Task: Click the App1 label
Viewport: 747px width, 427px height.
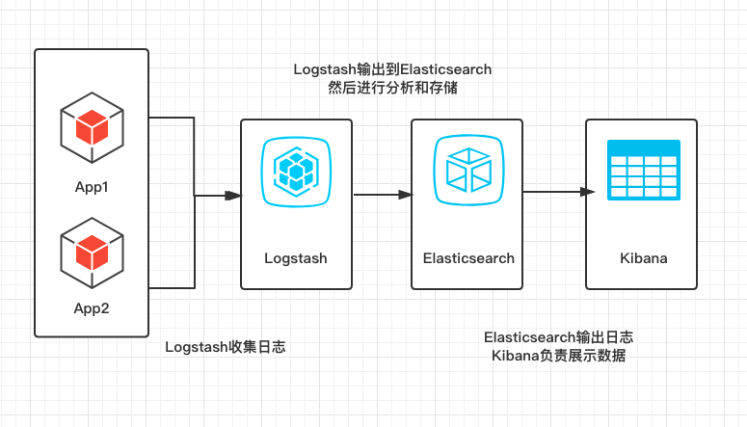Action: click(92, 186)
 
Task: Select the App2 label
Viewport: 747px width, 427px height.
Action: click(92, 308)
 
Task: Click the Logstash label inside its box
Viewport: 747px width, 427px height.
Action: click(296, 258)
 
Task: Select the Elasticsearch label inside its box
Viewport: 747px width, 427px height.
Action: click(468, 258)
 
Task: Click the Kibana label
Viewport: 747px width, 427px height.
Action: click(644, 258)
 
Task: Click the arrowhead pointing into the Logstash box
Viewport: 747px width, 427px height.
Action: click(232, 196)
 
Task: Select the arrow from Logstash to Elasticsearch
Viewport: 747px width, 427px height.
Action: click(382, 196)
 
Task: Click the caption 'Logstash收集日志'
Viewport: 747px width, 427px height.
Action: click(225, 347)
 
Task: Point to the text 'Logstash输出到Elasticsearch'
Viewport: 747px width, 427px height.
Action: click(392, 69)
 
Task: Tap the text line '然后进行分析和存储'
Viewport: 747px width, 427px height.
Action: click(392, 89)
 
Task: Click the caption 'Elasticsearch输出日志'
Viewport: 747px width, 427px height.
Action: click(558, 337)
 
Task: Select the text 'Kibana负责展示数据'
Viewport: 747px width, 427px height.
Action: click(558, 356)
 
